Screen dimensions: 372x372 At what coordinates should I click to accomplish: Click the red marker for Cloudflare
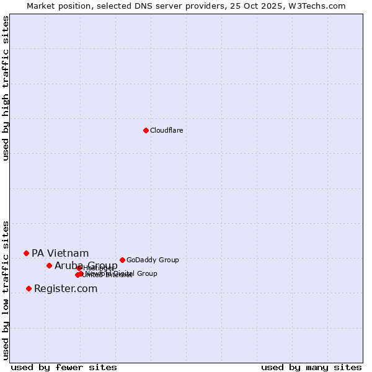coord(146,130)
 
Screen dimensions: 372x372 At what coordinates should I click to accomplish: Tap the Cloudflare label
coord(166,130)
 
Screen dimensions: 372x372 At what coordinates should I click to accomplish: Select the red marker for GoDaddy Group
coord(122,260)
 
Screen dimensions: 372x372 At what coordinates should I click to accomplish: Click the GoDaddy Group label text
coord(153,260)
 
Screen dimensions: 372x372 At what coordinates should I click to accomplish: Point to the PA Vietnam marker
coord(26,253)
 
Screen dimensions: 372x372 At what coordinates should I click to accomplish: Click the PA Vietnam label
coord(60,253)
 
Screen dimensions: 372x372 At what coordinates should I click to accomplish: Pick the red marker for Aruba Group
coord(49,265)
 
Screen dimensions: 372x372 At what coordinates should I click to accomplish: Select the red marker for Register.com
coord(29,288)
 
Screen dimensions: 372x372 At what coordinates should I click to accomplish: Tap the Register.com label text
coord(66,289)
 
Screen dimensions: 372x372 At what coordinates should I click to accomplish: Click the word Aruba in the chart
coord(67,266)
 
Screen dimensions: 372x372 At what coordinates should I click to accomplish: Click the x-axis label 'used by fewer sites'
coord(64,368)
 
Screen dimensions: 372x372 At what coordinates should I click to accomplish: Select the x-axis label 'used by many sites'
coord(311,368)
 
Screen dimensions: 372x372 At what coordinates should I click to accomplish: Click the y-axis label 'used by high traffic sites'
coord(6,88)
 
